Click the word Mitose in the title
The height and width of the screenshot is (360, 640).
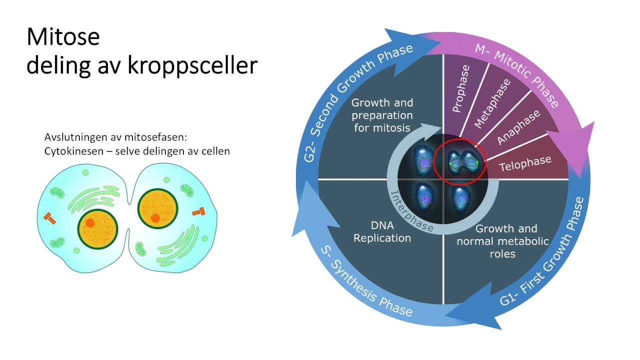click(x=63, y=37)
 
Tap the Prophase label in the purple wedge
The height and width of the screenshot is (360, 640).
click(x=461, y=89)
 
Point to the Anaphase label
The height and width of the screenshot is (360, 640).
click(x=518, y=127)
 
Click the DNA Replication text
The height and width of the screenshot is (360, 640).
click(x=382, y=232)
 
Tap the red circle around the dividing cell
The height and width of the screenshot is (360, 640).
click(x=458, y=160)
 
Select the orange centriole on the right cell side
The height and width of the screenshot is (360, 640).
click(x=198, y=212)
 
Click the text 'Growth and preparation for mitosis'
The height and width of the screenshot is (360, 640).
click(x=382, y=115)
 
